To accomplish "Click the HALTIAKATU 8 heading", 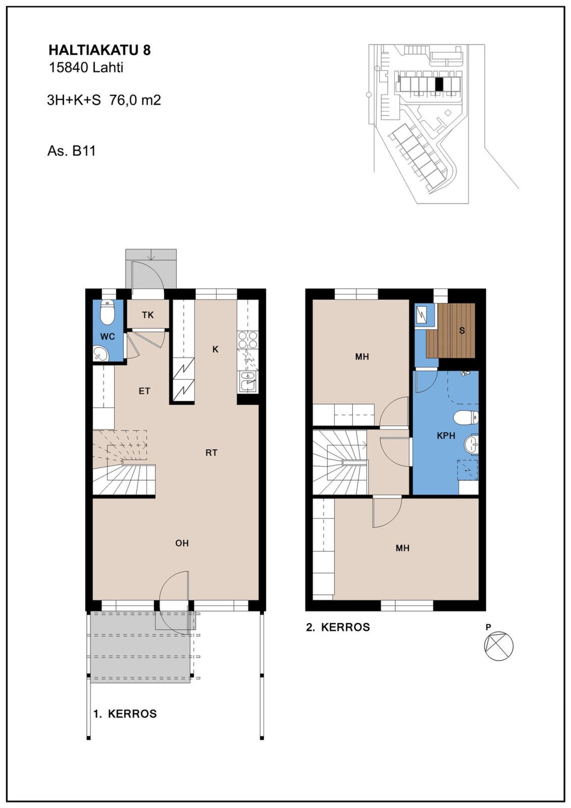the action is coord(100,50).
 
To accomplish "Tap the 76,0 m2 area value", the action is coord(135,100).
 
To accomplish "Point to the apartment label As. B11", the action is coord(71,151).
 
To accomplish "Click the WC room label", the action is coord(107,337).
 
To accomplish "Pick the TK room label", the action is coord(148,315).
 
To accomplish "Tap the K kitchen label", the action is coord(215,349).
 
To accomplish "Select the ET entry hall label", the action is coord(144,391).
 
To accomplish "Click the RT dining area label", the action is coord(211,453).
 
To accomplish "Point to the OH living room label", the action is coord(182,543).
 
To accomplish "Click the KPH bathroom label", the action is coord(446,436).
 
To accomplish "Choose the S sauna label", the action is coord(462,330).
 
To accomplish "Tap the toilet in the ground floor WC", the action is coord(107,312).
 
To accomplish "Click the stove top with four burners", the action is coord(248,340).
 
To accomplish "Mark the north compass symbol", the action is coord(499,646).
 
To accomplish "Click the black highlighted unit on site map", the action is coord(439,84).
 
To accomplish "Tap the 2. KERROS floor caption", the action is coord(338,628).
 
